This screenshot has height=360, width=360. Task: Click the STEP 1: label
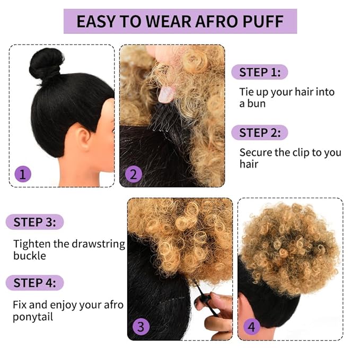259,72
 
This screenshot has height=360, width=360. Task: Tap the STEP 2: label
259,133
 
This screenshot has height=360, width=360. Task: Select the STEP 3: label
34,222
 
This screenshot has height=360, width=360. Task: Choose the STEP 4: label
34,283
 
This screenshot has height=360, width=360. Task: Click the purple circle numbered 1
23,174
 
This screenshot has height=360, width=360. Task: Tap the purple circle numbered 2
133,174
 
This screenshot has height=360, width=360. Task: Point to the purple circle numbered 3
141,327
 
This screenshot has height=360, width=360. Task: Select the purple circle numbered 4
251,327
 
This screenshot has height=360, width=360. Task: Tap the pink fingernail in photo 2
166,94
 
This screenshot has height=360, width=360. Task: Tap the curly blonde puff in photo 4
289,247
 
